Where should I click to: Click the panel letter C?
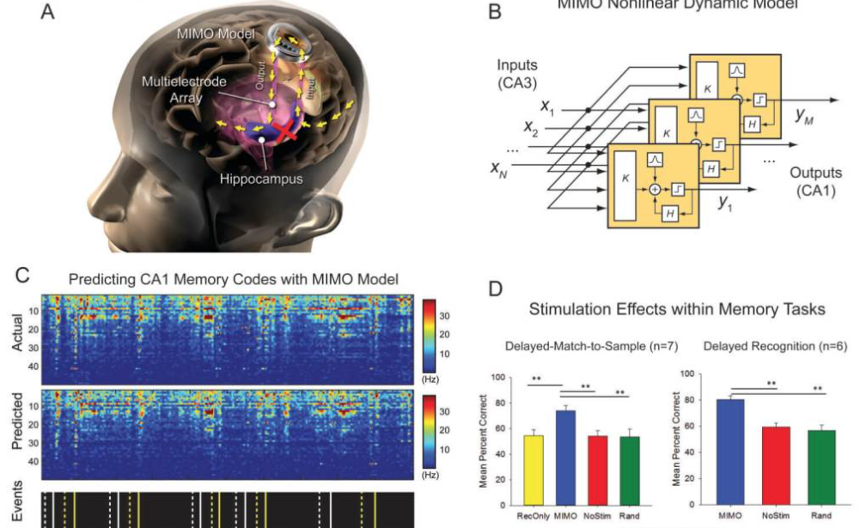pos(22,276)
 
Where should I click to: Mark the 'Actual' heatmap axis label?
pos(17,335)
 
